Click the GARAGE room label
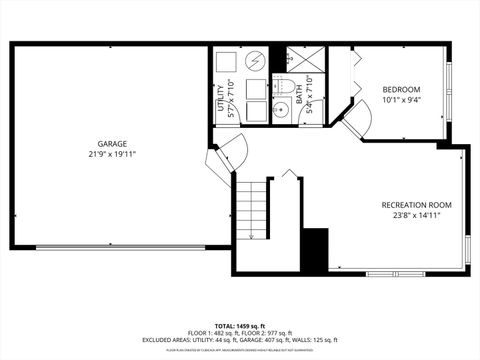111,142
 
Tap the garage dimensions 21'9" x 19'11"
111,154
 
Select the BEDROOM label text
401,89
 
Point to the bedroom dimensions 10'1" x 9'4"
401,100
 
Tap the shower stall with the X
306,57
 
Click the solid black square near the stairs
314,250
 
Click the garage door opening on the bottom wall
121,247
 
